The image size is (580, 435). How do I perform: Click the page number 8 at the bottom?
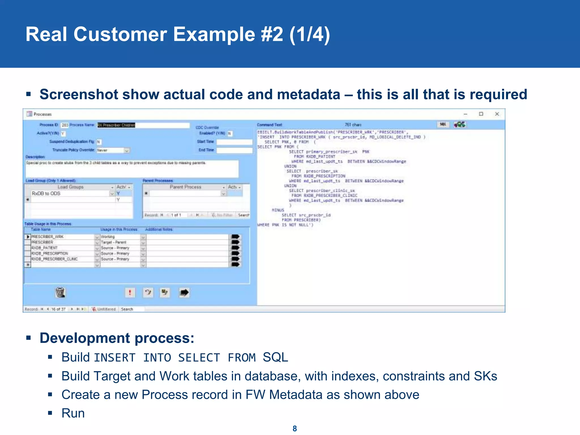click(295, 428)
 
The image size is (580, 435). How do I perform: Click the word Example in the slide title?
click(214, 34)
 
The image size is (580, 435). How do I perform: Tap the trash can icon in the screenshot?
click(60, 292)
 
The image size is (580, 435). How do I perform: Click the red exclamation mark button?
click(130, 292)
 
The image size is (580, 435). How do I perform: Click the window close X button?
click(497, 114)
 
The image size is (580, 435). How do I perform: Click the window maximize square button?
click(481, 114)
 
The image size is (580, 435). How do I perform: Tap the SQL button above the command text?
click(443, 124)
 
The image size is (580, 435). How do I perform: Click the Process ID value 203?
click(65, 125)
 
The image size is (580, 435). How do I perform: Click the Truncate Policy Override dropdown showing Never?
click(113, 150)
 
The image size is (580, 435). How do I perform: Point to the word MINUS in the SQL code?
click(278, 210)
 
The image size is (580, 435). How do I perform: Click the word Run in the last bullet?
click(73, 413)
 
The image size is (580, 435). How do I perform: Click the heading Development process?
click(117, 338)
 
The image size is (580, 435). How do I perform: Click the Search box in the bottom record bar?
click(132, 309)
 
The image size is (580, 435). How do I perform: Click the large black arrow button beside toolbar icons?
click(184, 292)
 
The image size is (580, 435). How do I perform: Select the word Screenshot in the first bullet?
click(79, 94)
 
